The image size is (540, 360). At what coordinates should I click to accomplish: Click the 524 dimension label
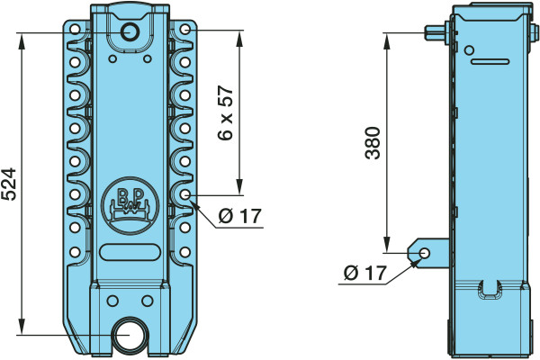coord(9,184)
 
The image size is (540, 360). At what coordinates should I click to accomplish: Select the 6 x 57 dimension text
coord(226,112)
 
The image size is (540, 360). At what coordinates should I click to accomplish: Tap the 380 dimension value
coord(373,143)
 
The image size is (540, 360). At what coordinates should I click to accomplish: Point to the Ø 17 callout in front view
coord(240,216)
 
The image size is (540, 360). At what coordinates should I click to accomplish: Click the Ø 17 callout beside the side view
coord(365,274)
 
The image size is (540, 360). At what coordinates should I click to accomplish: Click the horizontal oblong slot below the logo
coord(130,252)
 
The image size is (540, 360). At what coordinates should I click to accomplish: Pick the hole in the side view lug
coord(425,254)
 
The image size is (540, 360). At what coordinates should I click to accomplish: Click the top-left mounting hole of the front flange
coord(75,29)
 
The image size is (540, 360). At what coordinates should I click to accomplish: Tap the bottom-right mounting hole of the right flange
coord(184,252)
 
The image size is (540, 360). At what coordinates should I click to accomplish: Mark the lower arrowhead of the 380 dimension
coord(387,245)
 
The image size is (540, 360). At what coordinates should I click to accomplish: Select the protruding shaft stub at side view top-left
coord(436,33)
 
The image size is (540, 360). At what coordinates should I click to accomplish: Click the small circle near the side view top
coord(468,50)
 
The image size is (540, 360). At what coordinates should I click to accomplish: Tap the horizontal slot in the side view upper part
coord(490,62)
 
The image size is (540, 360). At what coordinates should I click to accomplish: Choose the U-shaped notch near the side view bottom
coord(489,289)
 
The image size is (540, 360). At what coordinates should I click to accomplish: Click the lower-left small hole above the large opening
coord(112,301)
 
